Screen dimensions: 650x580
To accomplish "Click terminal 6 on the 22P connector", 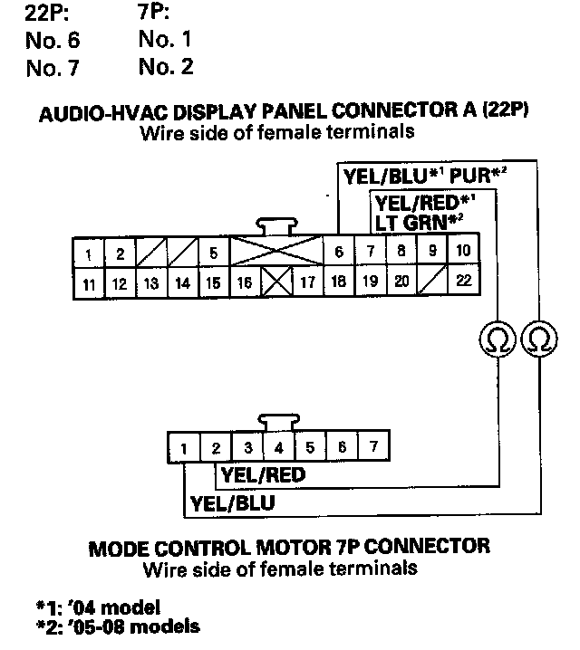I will click(x=338, y=252).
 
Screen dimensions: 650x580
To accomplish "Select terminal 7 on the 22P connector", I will click(x=370, y=252).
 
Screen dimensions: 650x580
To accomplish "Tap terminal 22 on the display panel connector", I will click(x=463, y=281).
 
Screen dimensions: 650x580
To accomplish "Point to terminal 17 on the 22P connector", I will click(x=307, y=282).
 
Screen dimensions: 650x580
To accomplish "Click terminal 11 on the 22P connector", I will click(x=89, y=282).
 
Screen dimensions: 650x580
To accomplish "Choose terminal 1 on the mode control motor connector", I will click(x=184, y=447).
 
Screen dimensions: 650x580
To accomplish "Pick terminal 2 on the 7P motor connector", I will click(x=216, y=447).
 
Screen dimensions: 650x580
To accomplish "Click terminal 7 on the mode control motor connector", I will click(x=372, y=447).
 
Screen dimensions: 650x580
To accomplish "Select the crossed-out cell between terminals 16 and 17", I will click(x=276, y=282).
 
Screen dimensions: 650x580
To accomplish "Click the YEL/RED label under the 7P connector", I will click(x=263, y=474).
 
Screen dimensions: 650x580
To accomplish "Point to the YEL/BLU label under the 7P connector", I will click(x=232, y=502).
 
